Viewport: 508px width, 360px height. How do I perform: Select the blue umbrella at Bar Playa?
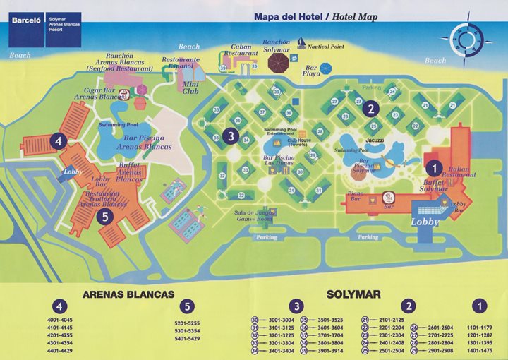(x=326, y=68)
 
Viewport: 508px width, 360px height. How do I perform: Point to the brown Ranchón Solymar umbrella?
(x=278, y=63)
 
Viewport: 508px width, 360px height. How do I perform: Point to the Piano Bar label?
(x=356, y=199)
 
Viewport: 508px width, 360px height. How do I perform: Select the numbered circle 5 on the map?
(x=105, y=217)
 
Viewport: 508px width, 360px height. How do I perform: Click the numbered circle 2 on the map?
(x=372, y=109)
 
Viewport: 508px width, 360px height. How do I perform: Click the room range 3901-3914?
(x=327, y=351)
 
